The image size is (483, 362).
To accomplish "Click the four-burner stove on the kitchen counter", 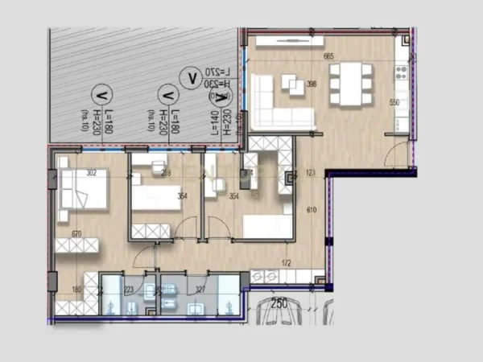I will point(400,72).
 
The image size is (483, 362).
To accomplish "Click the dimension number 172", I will point(286,263).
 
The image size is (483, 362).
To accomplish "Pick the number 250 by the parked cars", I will point(279,303).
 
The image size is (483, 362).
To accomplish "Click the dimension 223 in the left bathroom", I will point(130,290).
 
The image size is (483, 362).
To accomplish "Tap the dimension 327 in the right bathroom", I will point(200,290).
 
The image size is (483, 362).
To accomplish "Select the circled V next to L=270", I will point(192,77).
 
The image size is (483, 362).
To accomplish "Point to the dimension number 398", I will point(312,84).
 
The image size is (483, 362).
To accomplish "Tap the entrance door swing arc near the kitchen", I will point(394,155).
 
